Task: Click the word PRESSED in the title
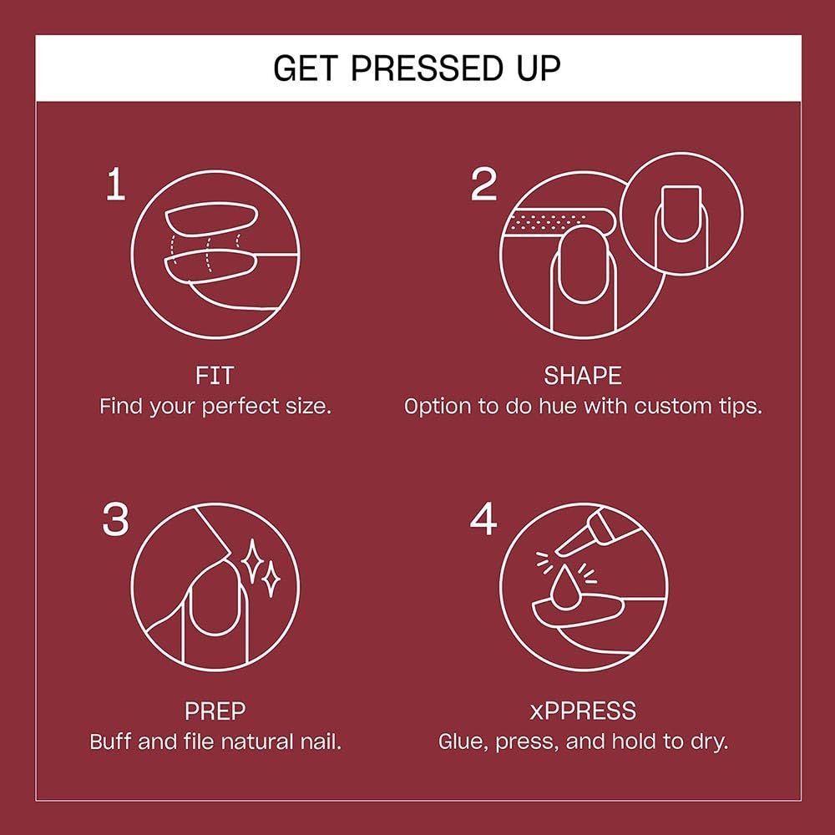point(426,68)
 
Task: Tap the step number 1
point(115,185)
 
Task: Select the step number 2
point(483,185)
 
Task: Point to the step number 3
point(115,519)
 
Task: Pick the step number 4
point(483,519)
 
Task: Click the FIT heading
point(215,376)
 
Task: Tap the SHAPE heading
point(583,376)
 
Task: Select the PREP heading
point(215,711)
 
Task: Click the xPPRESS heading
point(583,711)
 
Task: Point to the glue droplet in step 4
point(564,587)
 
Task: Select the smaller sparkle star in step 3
point(271,579)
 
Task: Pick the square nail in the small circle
point(681,214)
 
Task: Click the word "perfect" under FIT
point(240,407)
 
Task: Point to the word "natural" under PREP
point(258,741)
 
